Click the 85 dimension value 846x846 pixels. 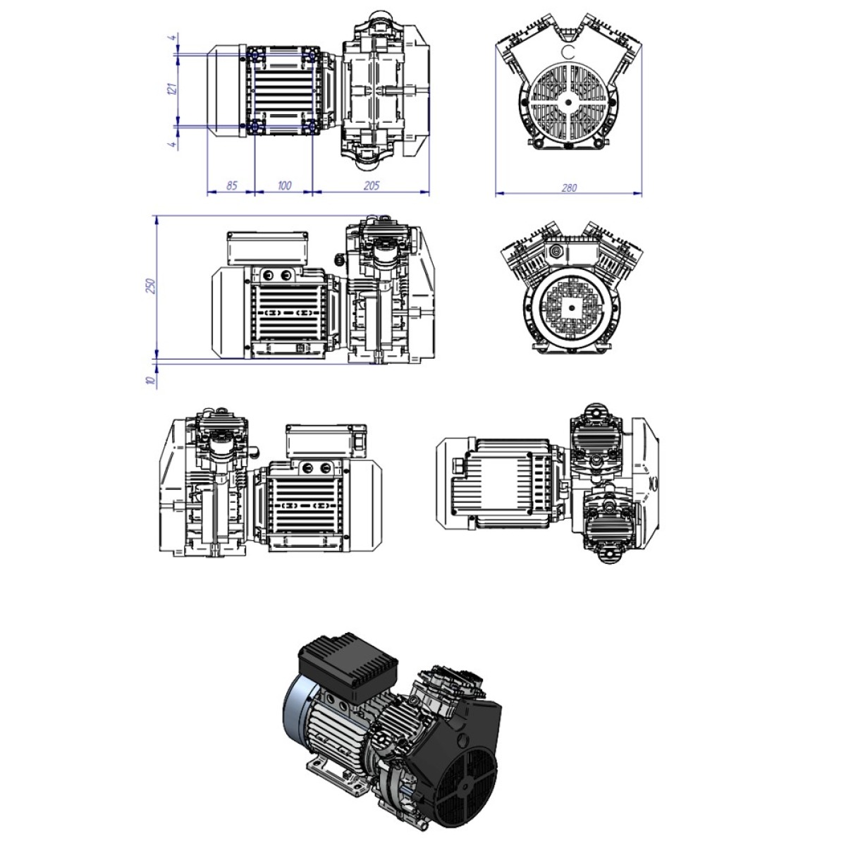[x=231, y=185]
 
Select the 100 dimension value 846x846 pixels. [x=285, y=185]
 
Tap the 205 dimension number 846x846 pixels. [x=372, y=185]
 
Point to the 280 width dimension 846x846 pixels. [x=569, y=188]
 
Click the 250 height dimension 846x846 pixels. [x=151, y=286]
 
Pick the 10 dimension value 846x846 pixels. [x=151, y=380]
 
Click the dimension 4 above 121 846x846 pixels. [x=174, y=38]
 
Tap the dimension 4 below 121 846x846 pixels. [x=174, y=144]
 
